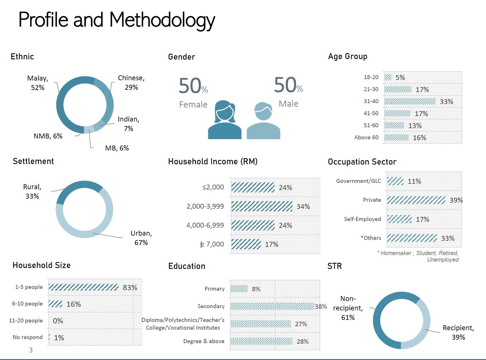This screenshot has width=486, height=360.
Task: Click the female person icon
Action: [225, 120]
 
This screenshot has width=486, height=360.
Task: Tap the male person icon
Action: [263, 122]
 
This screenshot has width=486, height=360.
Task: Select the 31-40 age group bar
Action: [410, 101]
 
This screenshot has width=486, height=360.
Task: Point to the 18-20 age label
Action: [371, 77]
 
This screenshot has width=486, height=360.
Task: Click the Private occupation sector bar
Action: [416, 200]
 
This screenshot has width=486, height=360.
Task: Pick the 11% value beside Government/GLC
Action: [414, 181]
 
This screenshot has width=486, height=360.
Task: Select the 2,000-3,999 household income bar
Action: [262, 206]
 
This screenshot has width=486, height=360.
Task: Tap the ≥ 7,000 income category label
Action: [212, 244]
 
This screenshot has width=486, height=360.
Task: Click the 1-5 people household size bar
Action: [83, 287]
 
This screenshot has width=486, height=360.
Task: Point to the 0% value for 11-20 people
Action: [58, 321]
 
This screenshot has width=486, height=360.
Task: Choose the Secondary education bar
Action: [272, 306]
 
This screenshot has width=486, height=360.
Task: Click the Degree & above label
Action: [204, 341]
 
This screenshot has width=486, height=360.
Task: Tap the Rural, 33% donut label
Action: [32, 191]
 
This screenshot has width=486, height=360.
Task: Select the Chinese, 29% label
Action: [131, 83]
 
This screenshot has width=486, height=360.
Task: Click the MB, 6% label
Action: [117, 148]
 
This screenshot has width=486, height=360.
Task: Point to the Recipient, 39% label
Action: [458, 332]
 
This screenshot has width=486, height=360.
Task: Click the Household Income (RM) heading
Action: [213, 162]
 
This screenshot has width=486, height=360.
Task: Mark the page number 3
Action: [31, 350]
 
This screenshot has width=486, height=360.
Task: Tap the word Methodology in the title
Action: [162, 20]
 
